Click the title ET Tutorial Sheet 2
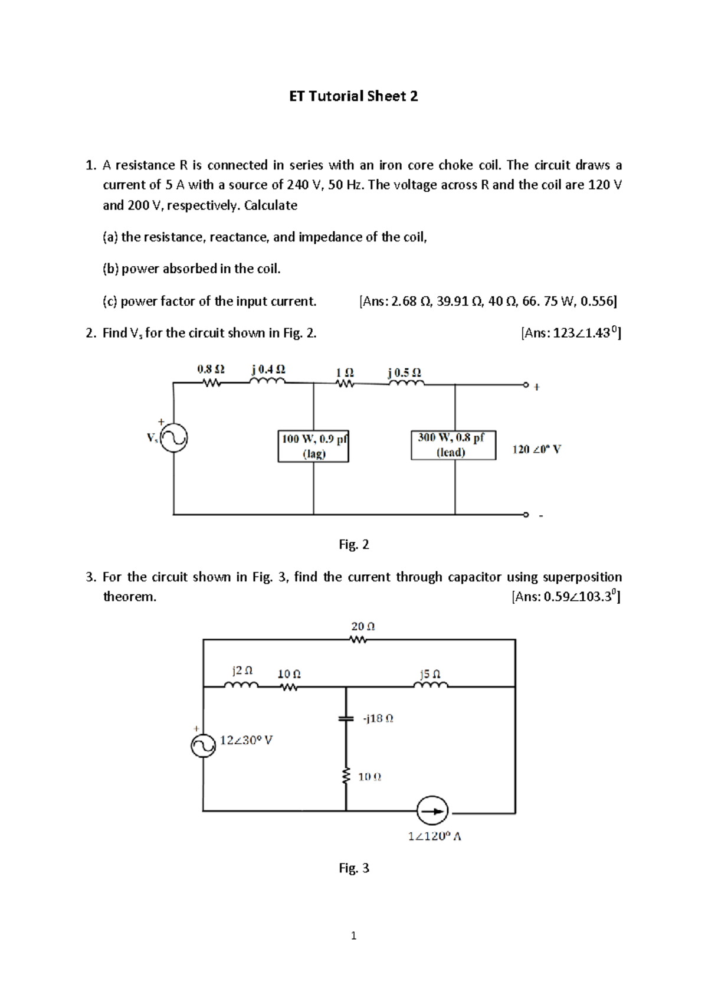pos(353,96)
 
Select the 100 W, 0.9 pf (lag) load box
pos(313,446)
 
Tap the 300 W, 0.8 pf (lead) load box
pos(453,445)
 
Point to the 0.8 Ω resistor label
pos(211,369)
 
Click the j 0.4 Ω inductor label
pos(268,369)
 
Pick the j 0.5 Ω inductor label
pos(405,372)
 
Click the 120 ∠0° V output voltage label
pos(536,449)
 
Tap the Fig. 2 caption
pos(353,544)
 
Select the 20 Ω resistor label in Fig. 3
pos(363,626)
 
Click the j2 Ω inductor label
pos(242,670)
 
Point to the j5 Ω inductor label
pos(430,673)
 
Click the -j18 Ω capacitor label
pos(378,718)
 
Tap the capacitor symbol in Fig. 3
pos(346,718)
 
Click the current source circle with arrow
pos(432,811)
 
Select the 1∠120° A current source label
pos(434,836)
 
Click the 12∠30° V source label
pos(246,740)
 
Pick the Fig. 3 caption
pos(353,868)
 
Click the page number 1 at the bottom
pos(353,935)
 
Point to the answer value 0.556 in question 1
pos(598,301)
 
